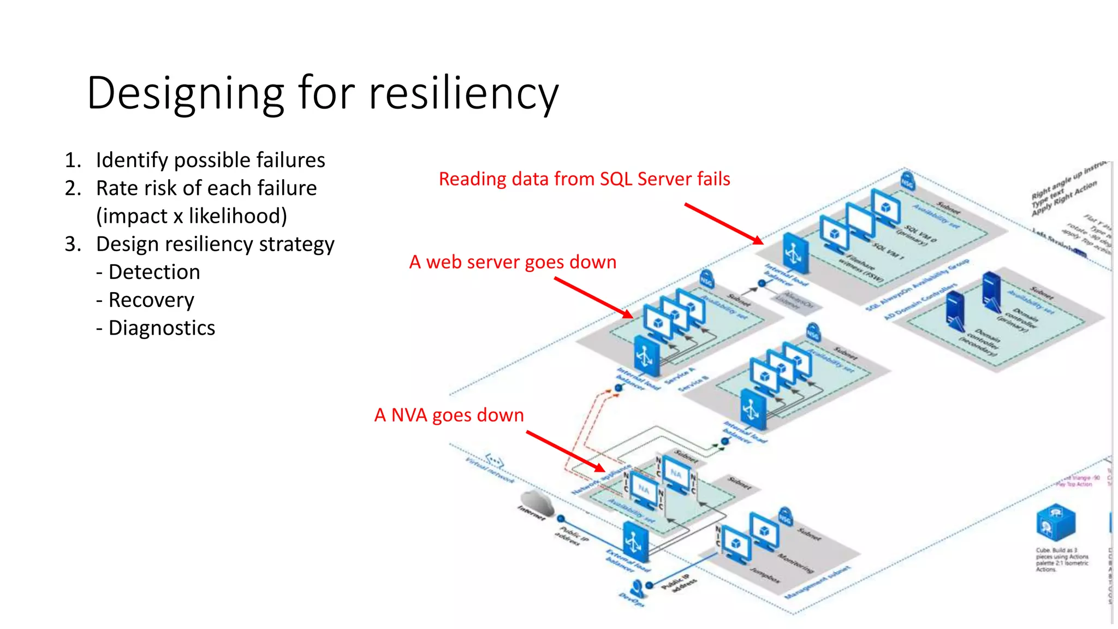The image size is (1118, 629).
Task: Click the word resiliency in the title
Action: point(463,93)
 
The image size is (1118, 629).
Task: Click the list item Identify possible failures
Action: point(210,160)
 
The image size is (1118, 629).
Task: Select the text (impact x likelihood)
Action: point(191,216)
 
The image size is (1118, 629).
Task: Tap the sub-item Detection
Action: point(154,272)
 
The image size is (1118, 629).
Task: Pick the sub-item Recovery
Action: point(151,300)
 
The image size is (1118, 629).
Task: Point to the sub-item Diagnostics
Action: point(162,328)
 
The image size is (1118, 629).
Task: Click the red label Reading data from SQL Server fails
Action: point(584,179)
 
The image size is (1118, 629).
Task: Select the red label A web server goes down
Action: point(513,262)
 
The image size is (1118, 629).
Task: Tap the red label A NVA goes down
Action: point(449,415)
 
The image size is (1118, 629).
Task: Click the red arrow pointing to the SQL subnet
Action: point(723,223)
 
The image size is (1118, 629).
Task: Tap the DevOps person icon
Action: point(637,589)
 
